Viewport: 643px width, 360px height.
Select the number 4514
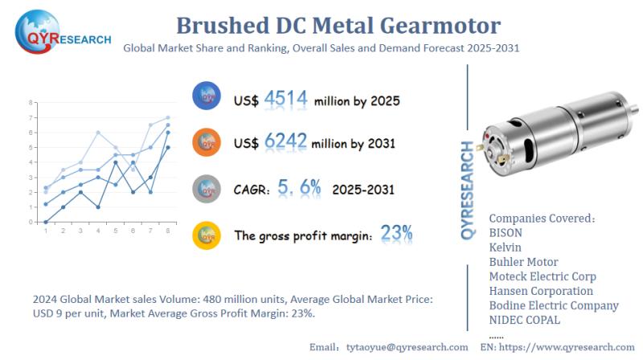(285, 100)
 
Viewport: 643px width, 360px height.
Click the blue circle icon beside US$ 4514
(207, 97)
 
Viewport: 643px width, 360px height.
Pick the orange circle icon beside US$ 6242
(207, 142)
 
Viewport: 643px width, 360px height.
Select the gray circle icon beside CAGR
(207, 189)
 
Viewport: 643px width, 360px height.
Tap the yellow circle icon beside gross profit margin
(207, 235)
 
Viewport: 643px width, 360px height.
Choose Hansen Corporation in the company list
(541, 291)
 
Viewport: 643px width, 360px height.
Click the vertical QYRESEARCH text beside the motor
(468, 190)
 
